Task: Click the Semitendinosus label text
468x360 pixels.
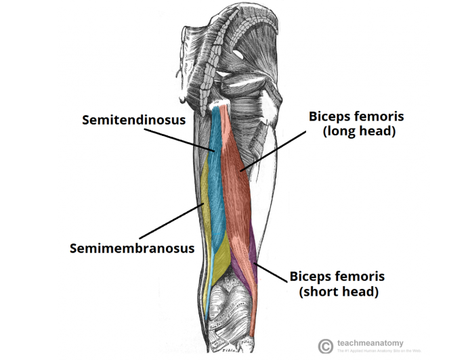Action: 133,120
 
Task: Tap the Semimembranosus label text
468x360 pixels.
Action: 132,248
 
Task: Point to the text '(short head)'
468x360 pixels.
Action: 339,292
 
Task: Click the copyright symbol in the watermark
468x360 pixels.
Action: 326,345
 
